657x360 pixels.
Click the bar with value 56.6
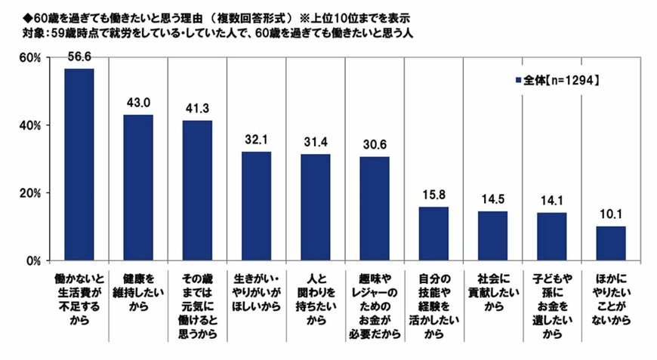[x=79, y=165]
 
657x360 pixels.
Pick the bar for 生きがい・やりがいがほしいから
[x=256, y=206]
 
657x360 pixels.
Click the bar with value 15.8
[x=433, y=234]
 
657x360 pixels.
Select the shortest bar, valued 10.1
[x=611, y=243]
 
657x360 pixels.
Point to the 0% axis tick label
[x=32, y=261]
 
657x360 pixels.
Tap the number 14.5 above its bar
[x=492, y=201]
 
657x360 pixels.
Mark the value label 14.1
[x=552, y=202]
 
